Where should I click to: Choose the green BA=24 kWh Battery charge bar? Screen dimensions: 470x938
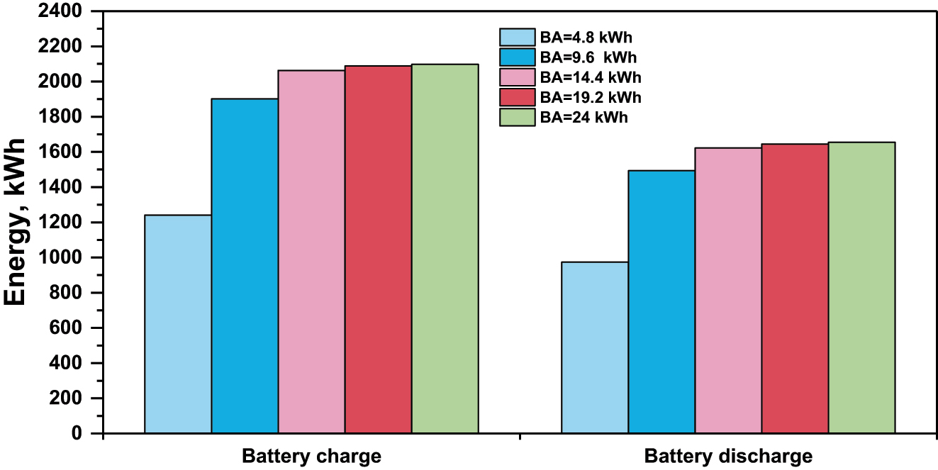445,248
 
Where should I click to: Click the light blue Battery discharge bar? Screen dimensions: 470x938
595,347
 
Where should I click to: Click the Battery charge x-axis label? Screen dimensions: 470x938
311,456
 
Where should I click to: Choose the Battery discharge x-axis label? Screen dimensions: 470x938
728,456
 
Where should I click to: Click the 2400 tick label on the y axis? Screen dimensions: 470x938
65,12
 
